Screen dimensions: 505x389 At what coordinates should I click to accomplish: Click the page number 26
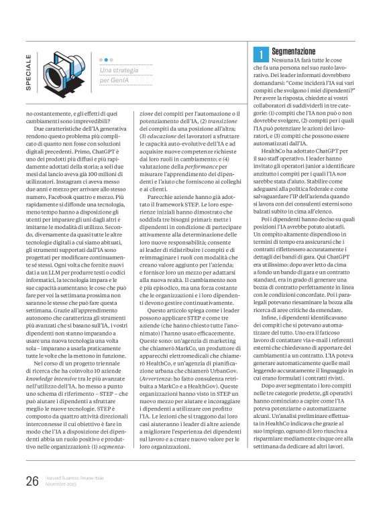(x=31, y=480)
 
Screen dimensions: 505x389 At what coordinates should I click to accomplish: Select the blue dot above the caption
(x=102, y=60)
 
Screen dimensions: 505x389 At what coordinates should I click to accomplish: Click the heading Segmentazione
(x=294, y=52)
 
